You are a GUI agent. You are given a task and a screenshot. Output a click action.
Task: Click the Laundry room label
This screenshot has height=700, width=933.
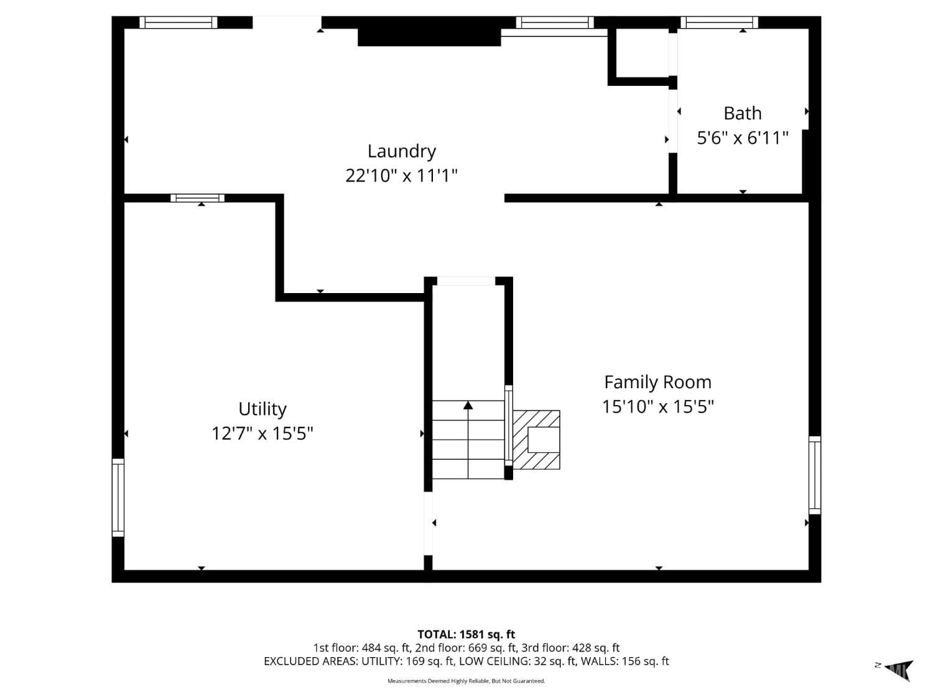click(x=401, y=151)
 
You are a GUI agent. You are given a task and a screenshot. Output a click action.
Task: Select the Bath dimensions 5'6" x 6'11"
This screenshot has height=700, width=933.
click(x=743, y=138)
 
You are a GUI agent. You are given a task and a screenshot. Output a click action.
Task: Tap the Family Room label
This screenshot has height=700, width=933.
click(x=657, y=382)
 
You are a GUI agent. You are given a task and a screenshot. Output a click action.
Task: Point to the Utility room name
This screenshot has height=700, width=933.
click(x=262, y=409)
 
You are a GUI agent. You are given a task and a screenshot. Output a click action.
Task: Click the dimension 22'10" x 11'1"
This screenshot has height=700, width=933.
click(x=401, y=175)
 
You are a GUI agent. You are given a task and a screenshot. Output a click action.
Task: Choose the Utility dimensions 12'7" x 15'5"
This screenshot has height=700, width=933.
click(x=262, y=433)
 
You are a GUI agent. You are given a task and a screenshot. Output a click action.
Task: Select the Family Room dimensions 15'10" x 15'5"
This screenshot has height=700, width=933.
click(x=657, y=406)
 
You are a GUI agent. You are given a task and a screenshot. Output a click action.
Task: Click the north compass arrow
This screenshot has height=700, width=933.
click(x=899, y=670)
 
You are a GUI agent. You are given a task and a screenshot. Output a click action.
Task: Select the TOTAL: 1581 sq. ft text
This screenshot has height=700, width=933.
click(x=466, y=635)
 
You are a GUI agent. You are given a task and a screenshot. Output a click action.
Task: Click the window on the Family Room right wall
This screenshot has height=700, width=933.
click(x=814, y=475)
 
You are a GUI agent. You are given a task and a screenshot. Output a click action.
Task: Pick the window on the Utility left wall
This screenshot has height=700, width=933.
click(x=118, y=497)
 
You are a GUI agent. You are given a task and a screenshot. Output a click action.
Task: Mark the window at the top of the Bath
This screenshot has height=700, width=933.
click(x=719, y=23)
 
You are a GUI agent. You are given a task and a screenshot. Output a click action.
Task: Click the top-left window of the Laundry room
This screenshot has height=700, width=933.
click(x=178, y=23)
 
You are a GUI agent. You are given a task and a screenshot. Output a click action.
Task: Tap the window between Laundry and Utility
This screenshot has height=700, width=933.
click(x=198, y=198)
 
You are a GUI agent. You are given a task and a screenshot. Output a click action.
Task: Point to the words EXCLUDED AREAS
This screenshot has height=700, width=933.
click(x=310, y=661)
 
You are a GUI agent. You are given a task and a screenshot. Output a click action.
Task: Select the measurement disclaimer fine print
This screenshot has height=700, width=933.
click(x=466, y=681)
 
